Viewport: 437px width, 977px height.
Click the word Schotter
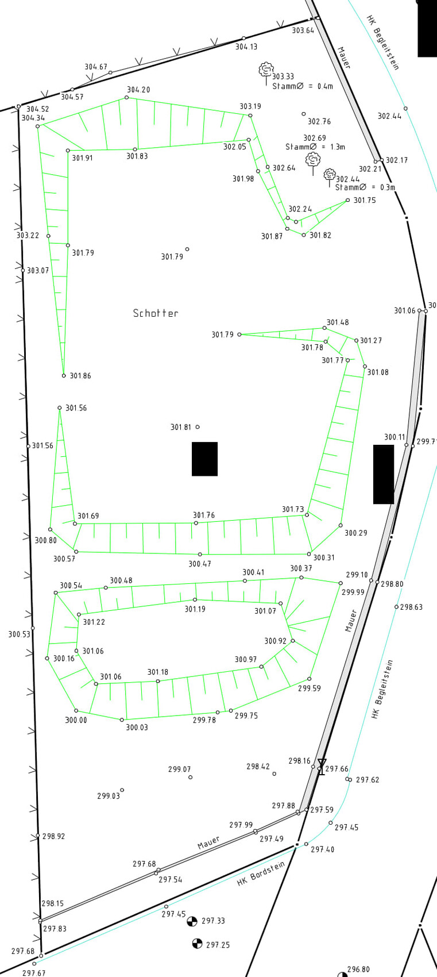click(156, 313)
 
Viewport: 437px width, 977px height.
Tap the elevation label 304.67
click(96, 67)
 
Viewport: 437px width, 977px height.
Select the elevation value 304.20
click(138, 90)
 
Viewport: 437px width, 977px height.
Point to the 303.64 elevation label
click(303, 30)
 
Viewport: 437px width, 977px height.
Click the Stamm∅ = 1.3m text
click(315, 147)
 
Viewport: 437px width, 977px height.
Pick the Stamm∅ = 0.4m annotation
click(303, 86)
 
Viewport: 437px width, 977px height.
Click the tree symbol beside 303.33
click(266, 70)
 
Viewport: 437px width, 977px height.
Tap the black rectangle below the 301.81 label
click(205, 459)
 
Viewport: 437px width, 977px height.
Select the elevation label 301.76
click(204, 515)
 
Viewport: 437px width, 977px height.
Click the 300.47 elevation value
click(199, 564)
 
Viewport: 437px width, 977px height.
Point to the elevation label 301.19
click(195, 609)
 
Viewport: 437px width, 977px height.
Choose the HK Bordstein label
click(261, 874)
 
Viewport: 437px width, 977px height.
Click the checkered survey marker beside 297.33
click(192, 921)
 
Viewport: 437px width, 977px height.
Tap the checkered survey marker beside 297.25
click(198, 944)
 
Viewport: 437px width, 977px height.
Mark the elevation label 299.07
click(180, 769)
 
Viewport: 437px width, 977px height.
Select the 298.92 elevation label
click(53, 836)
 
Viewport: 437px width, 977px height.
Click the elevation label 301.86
click(80, 375)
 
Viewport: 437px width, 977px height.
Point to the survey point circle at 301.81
click(198, 427)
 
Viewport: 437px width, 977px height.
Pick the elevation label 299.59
click(310, 688)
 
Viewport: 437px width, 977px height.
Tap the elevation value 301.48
click(338, 322)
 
